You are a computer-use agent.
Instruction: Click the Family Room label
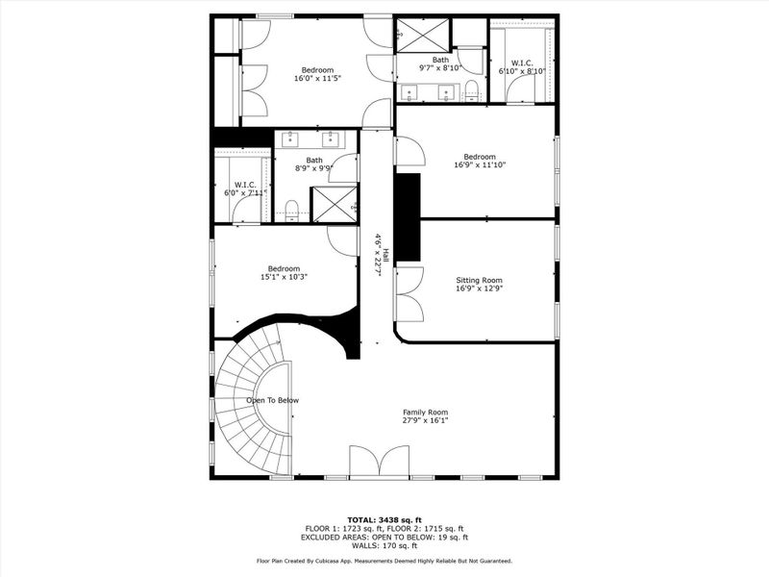pyautogui.click(x=425, y=415)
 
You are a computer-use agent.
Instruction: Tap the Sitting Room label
pyautogui.click(x=479, y=284)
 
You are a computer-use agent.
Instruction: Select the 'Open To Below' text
pyautogui.click(x=272, y=400)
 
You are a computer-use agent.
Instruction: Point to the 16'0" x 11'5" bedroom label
pyautogui.click(x=317, y=75)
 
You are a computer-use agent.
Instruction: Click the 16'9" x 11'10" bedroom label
pyautogui.click(x=480, y=161)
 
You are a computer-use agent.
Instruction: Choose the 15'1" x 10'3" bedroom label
pyautogui.click(x=284, y=273)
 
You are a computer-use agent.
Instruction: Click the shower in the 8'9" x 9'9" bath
pyautogui.click(x=335, y=204)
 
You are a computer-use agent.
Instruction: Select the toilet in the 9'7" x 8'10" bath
pyautogui.click(x=471, y=91)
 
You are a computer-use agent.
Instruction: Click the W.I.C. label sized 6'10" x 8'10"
pyautogui.click(x=522, y=67)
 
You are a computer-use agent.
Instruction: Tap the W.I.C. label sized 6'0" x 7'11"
pyautogui.click(x=245, y=188)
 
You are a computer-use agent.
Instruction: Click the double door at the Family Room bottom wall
pyautogui.click(x=379, y=463)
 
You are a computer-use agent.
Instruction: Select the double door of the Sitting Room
pyautogui.click(x=409, y=293)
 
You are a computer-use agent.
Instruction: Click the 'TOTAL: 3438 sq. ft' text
pyautogui.click(x=384, y=519)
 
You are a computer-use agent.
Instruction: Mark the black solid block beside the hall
pyautogui.click(x=408, y=217)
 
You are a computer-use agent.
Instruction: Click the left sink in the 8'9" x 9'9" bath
pyautogui.click(x=291, y=138)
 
